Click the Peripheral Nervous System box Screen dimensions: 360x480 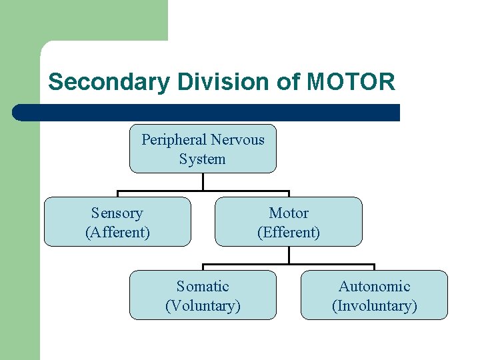coord(203,149)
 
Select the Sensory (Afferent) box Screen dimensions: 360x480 coord(117,222)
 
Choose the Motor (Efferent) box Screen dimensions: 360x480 coord(289,222)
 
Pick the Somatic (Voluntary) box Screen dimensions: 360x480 coord(203,295)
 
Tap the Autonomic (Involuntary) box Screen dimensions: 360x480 coord(375,295)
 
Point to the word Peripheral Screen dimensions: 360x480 coord(172,140)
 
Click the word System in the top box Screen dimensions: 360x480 coord(203,159)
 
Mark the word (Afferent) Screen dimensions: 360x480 coord(117,233)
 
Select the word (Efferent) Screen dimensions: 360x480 coord(289,233)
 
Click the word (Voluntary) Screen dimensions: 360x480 coord(203,306)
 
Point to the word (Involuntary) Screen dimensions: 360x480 coord(375,306)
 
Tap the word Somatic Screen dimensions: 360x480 coord(203,287)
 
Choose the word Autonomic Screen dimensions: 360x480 coord(375,287)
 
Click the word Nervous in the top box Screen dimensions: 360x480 coord(237,140)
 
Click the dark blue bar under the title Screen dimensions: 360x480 coord(207,113)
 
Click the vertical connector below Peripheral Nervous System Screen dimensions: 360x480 coord(203,182)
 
